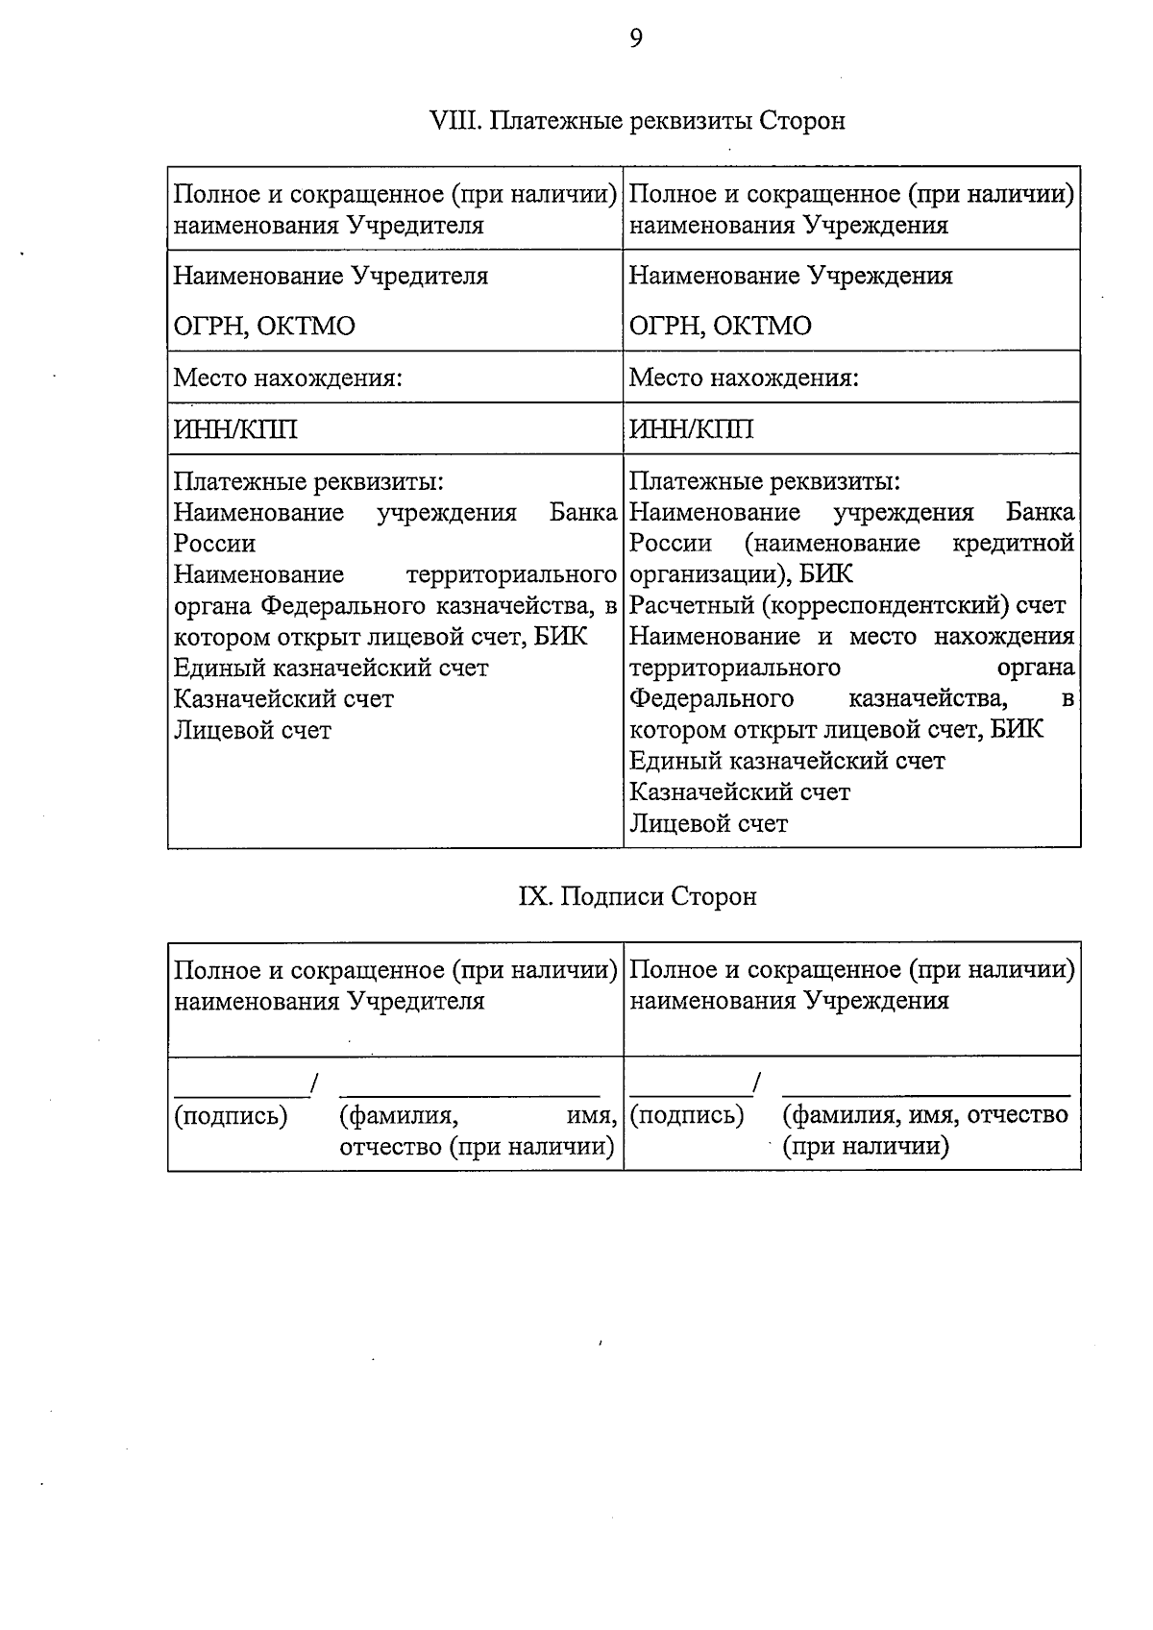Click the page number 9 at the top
[x=636, y=37]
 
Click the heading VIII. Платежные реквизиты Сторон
[x=637, y=121]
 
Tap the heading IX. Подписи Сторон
[x=637, y=896]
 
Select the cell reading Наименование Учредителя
[x=331, y=276]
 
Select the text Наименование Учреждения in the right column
[x=790, y=276]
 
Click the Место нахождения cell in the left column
[x=286, y=377]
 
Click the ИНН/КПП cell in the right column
[x=691, y=428]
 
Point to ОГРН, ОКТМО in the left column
[x=263, y=326]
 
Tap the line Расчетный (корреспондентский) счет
[x=846, y=605]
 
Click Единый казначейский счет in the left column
[x=331, y=668]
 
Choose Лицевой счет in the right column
[x=708, y=823]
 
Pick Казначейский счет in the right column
[x=739, y=792]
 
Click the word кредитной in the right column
[x=1013, y=544]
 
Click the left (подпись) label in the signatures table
[x=231, y=1115]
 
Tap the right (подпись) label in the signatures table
[x=687, y=1115]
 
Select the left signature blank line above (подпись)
[x=240, y=1093]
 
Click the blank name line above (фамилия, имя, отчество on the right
[x=925, y=1092]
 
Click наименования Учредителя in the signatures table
[x=329, y=1001]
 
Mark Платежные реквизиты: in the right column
[x=764, y=481]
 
